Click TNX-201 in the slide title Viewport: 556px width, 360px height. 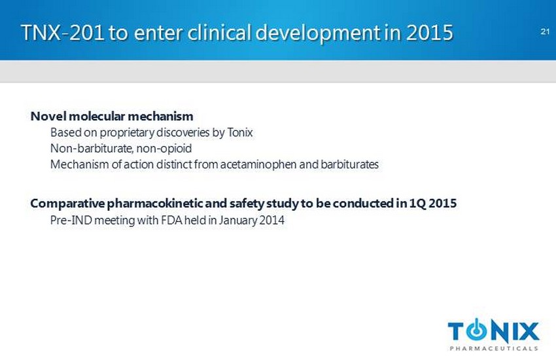click(63, 33)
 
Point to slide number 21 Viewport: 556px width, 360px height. click(545, 31)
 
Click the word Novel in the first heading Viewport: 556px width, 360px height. click(48, 116)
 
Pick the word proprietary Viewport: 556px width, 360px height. click(127, 133)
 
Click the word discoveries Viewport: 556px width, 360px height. click(182, 132)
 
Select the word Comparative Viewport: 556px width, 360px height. click(68, 204)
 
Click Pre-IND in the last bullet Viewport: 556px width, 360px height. click(71, 221)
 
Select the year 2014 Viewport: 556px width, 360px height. click(271, 221)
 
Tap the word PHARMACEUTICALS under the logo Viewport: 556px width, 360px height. click(494, 348)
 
